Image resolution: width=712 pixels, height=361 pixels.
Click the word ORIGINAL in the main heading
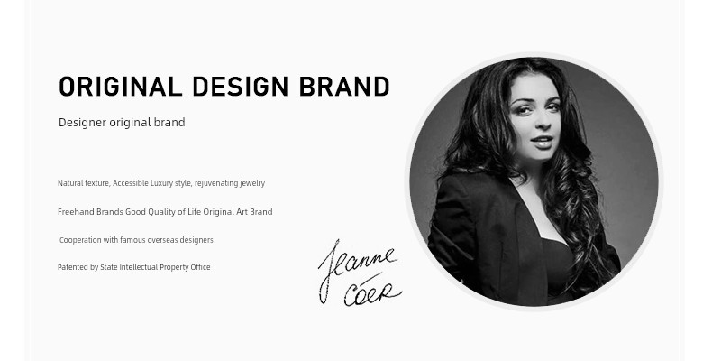coord(121,87)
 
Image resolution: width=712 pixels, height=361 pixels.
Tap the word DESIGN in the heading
coord(241,87)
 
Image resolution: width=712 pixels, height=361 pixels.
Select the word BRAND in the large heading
coord(344,87)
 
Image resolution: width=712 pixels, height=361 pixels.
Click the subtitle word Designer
coord(82,123)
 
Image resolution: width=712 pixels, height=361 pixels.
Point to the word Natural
coord(70,183)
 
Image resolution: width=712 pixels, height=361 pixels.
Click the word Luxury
coord(161,183)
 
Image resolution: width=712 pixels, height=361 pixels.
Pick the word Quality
coord(161,212)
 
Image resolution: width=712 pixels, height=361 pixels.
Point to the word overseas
coord(162,240)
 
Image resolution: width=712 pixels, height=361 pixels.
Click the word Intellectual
coord(139,267)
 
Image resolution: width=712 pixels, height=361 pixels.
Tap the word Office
coord(200,267)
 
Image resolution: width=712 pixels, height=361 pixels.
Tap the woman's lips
coord(543,142)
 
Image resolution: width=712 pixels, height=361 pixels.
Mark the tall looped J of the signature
coord(329,268)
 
